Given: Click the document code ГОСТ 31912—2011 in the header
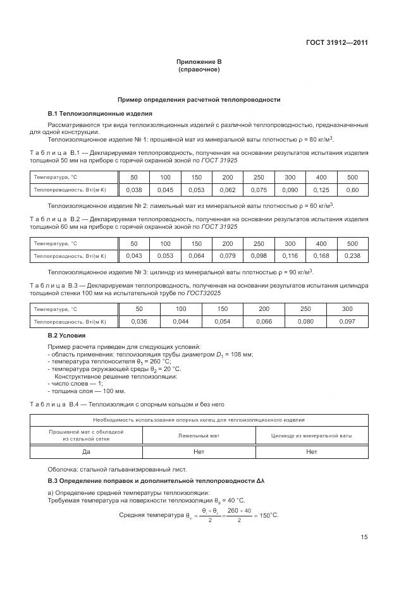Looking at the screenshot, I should pyautogui.click(x=336, y=43).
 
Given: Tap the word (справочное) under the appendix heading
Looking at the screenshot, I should pyautogui.click(x=199, y=70).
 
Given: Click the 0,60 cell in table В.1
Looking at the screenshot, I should pyautogui.click(x=352, y=190).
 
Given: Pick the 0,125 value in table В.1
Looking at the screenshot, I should pyautogui.click(x=321, y=190).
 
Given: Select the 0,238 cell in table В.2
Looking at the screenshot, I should pyautogui.click(x=352, y=256).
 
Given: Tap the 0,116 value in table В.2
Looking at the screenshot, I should pyautogui.click(x=290, y=256).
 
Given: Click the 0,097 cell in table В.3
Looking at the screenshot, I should pyautogui.click(x=347, y=322).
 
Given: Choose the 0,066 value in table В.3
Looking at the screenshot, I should pyautogui.click(x=264, y=322).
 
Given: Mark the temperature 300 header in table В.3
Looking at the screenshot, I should pyautogui.click(x=347, y=309).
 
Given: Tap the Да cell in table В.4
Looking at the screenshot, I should pyautogui.click(x=87, y=452).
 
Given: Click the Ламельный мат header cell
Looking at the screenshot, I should pyautogui.click(x=199, y=436).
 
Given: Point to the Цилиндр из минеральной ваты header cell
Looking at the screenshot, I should pyautogui.click(x=312, y=436).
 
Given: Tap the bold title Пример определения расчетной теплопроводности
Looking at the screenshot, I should pyautogui.click(x=199, y=100).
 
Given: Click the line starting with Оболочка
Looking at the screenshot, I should pyautogui.click(x=117, y=469).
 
